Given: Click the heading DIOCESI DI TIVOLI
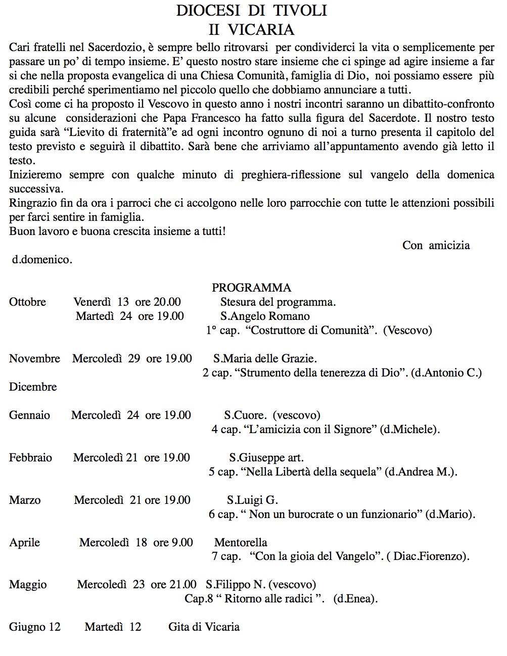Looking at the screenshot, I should pos(251,11).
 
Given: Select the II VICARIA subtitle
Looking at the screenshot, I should pos(251,29).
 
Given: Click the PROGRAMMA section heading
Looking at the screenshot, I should pos(251,288).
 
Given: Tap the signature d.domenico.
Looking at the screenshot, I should pos(42,260).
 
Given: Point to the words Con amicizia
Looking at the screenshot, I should pos(436,245).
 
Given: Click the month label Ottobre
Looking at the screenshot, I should pos(27,302).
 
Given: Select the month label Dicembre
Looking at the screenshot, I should pos(33,387).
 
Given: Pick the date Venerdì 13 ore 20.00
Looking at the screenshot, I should pos(127,302).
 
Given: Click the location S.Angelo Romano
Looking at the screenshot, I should pos(265,316).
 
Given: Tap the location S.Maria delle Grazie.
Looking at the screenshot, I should pos(265,359).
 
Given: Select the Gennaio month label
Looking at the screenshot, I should pos(29,415).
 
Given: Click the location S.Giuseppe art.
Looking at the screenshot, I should pos(266,458).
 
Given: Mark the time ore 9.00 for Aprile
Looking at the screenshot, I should pos(173,543).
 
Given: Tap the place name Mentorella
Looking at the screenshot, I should pos(241,543).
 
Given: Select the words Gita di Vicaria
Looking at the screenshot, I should pos(204,627).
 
